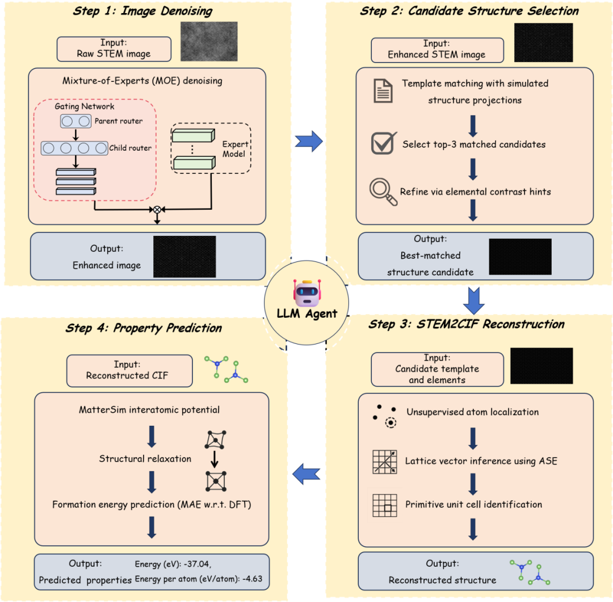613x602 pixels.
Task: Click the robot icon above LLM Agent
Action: (307, 293)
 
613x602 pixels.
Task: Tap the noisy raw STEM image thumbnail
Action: (209, 41)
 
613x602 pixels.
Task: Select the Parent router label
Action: (119, 121)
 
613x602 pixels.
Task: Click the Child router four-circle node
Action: (75, 148)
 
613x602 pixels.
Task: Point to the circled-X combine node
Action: (157, 210)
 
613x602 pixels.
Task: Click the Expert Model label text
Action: (235, 149)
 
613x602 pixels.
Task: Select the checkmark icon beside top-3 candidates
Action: (384, 143)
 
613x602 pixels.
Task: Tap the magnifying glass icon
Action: (383, 192)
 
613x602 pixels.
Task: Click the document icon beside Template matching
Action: (383, 91)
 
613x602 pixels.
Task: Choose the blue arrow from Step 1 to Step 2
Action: (309, 141)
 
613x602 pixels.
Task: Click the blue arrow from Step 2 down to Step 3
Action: (473, 301)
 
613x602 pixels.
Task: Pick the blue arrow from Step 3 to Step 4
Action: (306, 474)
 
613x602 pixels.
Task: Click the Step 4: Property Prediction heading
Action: (144, 328)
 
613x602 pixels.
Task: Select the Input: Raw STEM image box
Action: (114, 49)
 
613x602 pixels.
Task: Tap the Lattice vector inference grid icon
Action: (385, 462)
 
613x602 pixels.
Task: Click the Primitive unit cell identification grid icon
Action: (385, 505)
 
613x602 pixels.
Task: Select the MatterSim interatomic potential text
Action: (149, 410)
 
